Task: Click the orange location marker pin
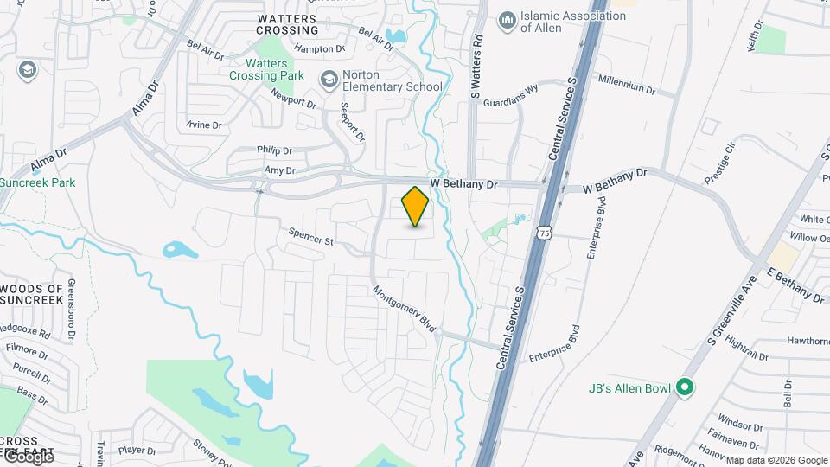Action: (416, 206)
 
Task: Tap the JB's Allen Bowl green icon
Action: (686, 387)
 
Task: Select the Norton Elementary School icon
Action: (329, 80)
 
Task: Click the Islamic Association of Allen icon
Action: (507, 18)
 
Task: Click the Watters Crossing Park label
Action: (275, 69)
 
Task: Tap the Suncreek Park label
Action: (38, 182)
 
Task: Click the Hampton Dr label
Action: (319, 49)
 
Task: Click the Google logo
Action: (28, 457)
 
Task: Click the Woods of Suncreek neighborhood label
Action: (32, 294)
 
